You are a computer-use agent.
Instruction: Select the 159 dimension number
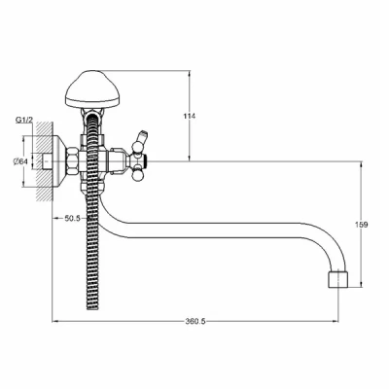tap(362, 225)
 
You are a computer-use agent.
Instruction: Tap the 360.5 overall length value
tap(195, 321)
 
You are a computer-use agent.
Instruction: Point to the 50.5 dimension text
tap(72, 218)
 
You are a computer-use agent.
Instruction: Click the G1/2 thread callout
tap(24, 120)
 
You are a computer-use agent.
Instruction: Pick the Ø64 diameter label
tap(20, 161)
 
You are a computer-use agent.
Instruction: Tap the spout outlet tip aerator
tap(338, 278)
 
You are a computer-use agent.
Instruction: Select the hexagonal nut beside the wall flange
tap(73, 161)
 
